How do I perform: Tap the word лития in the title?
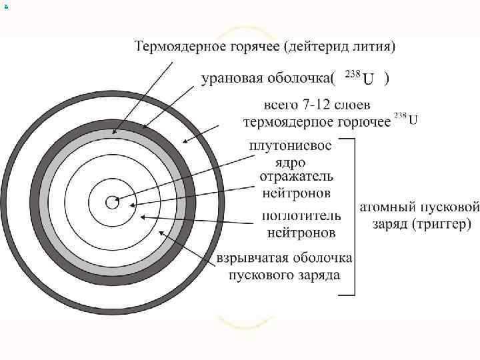point(374,47)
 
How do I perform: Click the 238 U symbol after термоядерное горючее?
point(405,120)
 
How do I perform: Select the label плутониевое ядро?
point(289,153)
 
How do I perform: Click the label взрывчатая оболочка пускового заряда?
point(285,266)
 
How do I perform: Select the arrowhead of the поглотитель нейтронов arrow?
point(143,217)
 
